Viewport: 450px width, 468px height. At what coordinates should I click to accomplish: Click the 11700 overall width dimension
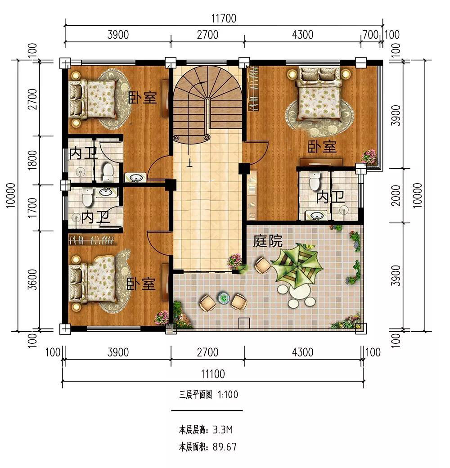[224, 18]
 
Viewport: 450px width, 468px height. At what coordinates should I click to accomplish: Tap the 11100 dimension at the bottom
[213, 373]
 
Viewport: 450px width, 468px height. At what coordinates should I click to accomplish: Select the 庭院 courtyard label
[268, 241]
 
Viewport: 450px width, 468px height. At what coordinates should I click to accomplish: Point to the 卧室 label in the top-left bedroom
[142, 97]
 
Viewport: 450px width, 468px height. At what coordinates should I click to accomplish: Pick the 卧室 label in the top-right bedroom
[322, 147]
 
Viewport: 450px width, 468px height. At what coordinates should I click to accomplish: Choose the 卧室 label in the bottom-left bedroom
[141, 283]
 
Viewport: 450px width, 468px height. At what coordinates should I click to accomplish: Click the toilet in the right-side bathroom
[314, 181]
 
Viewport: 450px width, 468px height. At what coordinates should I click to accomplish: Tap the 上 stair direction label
[189, 163]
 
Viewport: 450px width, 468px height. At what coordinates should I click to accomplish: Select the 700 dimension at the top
[370, 35]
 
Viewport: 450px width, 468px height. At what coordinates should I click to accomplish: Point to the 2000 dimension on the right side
[396, 195]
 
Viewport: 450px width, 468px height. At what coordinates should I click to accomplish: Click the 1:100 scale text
[228, 395]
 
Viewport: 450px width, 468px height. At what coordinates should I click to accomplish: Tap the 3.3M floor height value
[223, 430]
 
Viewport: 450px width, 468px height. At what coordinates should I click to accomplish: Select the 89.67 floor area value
[225, 446]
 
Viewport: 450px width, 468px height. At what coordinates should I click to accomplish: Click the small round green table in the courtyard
[223, 298]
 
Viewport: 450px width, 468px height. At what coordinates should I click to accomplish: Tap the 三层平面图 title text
[195, 395]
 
